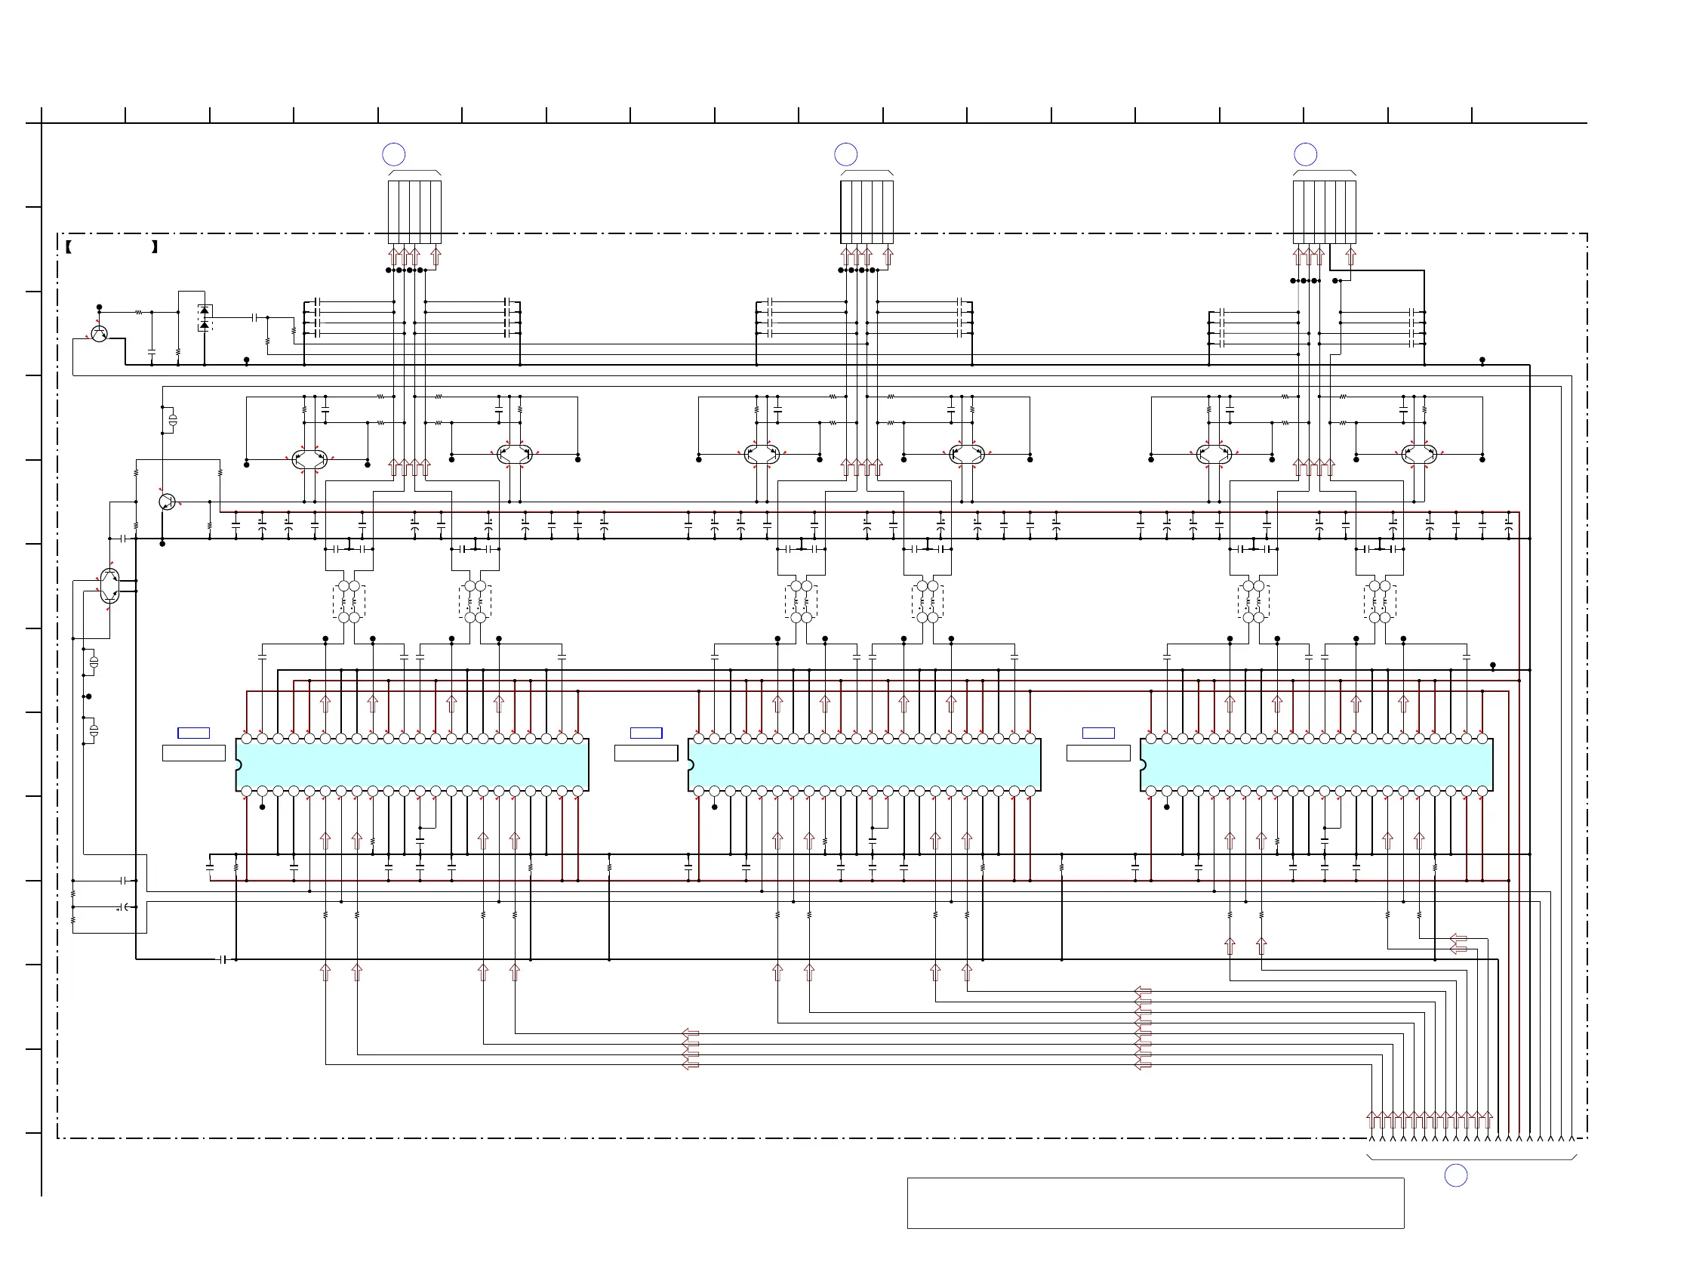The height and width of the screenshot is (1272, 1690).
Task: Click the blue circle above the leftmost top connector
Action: [x=393, y=154]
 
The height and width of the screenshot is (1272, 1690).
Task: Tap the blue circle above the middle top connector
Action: [x=846, y=154]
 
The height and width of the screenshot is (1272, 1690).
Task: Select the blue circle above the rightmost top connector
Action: [x=1306, y=154]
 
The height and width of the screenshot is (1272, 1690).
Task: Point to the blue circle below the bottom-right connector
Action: [x=1456, y=1175]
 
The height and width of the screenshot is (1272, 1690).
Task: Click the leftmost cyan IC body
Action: [x=413, y=765]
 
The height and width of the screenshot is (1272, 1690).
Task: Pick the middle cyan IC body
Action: [x=865, y=765]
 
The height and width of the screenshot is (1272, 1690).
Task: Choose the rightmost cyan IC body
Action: [x=1317, y=765]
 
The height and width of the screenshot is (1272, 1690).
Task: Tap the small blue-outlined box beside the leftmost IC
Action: [x=193, y=733]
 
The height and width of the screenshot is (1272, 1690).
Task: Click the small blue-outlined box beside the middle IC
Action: [x=646, y=733]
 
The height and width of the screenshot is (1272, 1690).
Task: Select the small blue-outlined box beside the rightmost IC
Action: [x=1099, y=733]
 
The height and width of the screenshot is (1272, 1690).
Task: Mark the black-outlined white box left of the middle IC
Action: [x=646, y=754]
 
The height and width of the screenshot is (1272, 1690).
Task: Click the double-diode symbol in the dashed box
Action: [x=204, y=318]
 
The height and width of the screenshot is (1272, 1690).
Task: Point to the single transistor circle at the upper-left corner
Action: [x=99, y=334]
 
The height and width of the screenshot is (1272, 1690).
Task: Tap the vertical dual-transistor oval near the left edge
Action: [x=109, y=586]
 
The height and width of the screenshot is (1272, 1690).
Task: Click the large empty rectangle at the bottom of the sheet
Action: [x=1155, y=1203]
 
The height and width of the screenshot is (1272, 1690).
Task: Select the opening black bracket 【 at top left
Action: [x=69, y=247]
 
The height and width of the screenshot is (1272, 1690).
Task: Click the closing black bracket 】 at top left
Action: [x=154, y=247]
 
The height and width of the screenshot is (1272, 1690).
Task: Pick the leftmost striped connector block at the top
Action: [x=414, y=211]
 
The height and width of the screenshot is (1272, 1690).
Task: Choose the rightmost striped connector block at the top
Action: [x=1324, y=211]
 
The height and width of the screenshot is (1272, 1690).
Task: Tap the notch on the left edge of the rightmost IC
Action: [x=1143, y=765]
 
